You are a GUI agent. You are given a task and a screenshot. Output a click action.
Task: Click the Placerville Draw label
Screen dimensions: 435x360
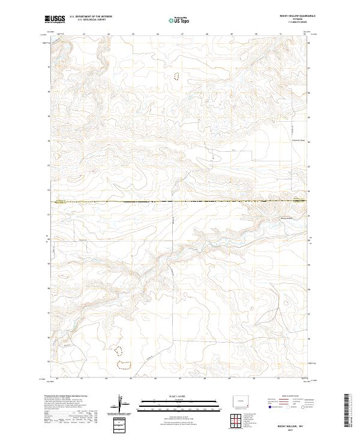[x=290, y=141]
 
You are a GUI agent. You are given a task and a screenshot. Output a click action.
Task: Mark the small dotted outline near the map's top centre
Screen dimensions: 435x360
[x=176, y=76]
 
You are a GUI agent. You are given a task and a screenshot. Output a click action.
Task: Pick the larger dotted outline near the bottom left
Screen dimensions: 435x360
[x=124, y=365]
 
